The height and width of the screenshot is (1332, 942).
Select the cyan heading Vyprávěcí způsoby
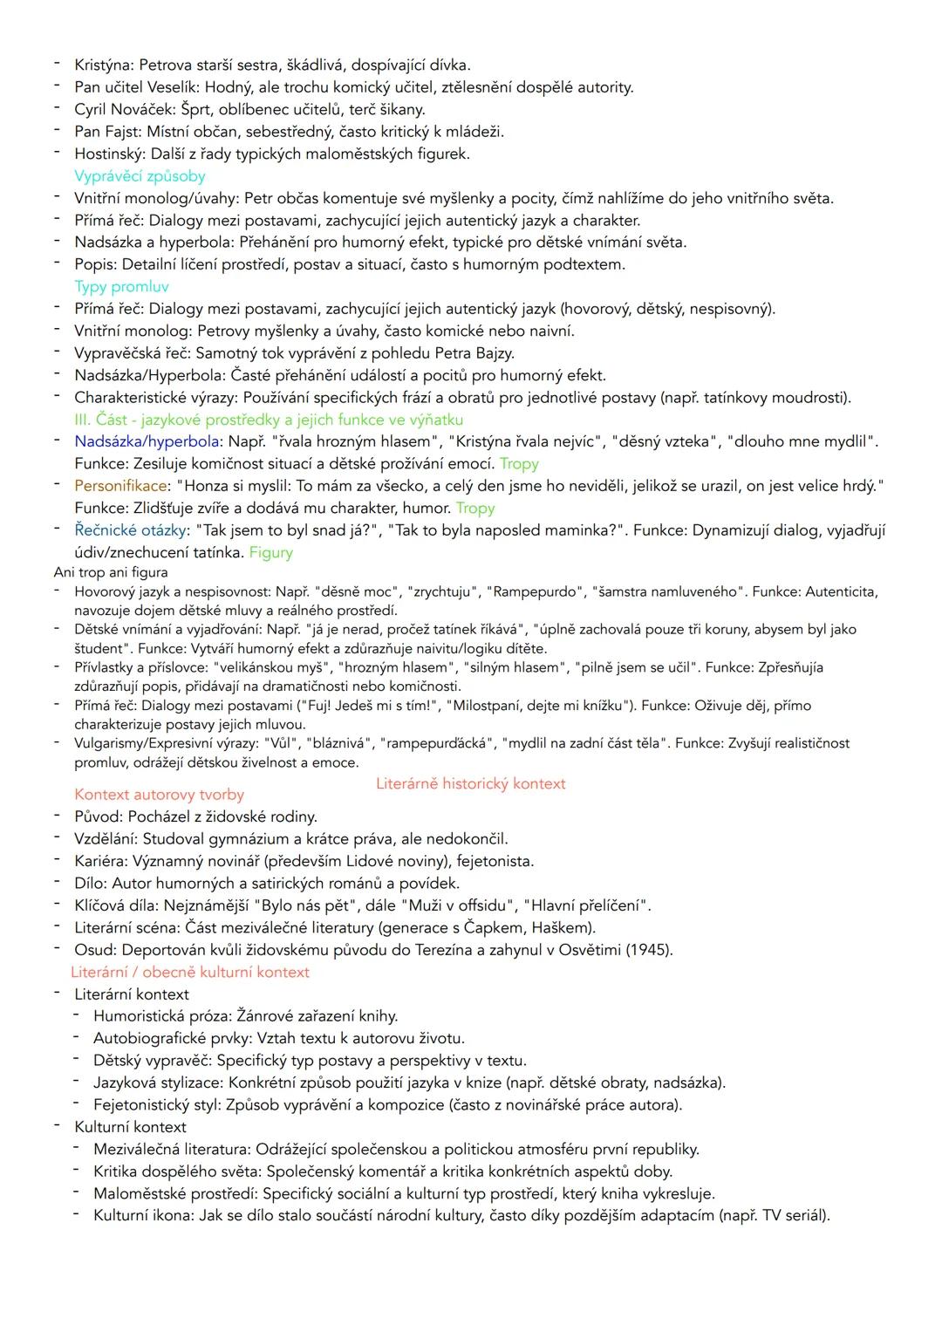[140, 176]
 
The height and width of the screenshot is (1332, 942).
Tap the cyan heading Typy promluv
[121, 287]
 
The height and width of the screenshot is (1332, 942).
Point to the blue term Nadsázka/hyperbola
[147, 441]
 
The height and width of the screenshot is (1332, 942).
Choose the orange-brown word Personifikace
[119, 486]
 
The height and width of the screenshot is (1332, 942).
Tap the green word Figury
[270, 552]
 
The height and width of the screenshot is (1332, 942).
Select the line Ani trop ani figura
[111, 572]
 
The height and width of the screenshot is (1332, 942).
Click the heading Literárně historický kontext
[470, 783]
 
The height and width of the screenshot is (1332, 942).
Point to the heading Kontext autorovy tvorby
[159, 795]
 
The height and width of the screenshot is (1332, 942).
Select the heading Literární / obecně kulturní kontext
[190, 972]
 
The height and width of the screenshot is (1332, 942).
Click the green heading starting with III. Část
[268, 420]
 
